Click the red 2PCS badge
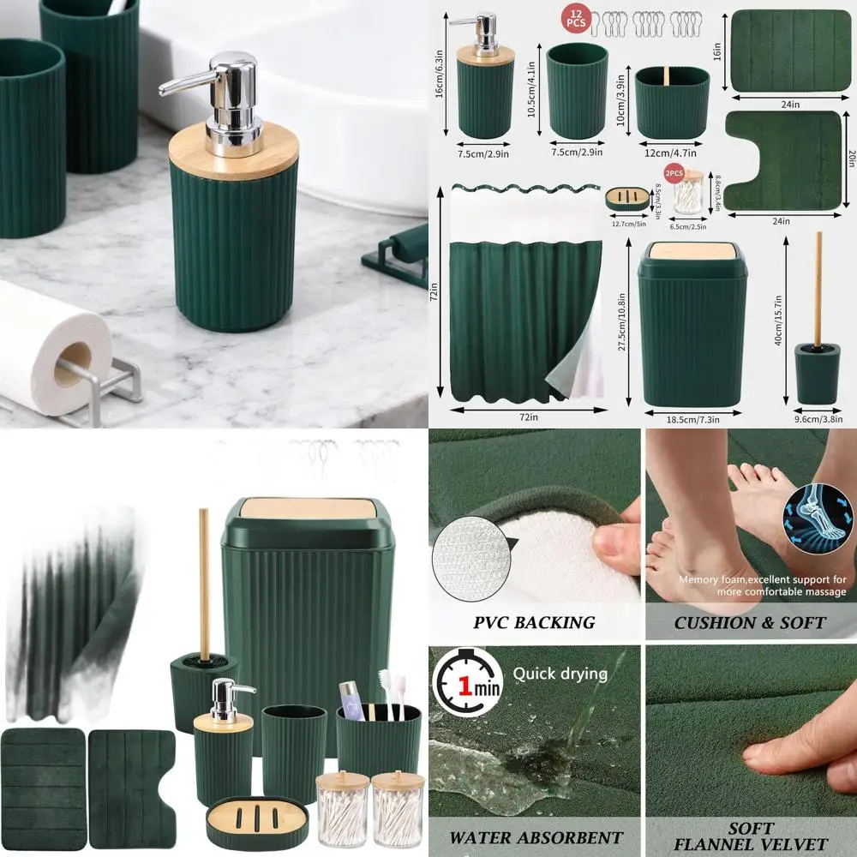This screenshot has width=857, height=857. pyautogui.click(x=674, y=173)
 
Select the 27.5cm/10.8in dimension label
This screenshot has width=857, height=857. pyautogui.click(x=624, y=324)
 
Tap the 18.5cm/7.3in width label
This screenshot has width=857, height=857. pyautogui.click(x=693, y=419)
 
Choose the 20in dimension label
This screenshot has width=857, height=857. pyautogui.click(x=849, y=159)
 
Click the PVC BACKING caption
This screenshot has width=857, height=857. pyautogui.click(x=535, y=622)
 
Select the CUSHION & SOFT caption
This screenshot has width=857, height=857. pyautogui.click(x=749, y=622)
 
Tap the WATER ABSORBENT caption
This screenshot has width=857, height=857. pyautogui.click(x=536, y=836)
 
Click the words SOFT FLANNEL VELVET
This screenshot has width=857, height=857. pyautogui.click(x=751, y=836)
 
